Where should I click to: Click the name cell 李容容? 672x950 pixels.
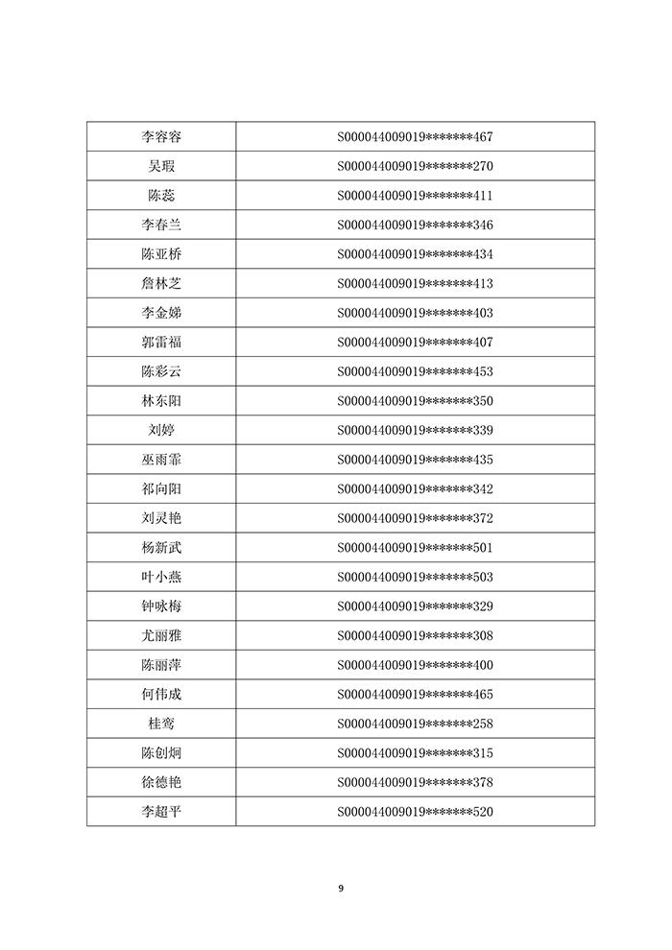pos(160,137)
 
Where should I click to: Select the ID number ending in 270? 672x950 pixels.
pos(415,166)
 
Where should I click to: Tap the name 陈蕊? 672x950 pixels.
pos(160,196)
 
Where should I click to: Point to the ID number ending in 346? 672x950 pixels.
pos(415,226)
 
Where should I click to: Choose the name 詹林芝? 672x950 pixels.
pos(160,284)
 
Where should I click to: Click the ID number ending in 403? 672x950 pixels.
pos(415,313)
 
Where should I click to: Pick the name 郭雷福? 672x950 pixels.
pos(160,343)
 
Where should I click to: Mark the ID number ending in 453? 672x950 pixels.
pos(415,371)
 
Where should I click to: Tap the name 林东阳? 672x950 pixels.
pos(160,401)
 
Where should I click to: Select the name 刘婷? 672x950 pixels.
pos(160,430)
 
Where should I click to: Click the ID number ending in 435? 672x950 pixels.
pos(415,460)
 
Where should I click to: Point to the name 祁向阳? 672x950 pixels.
pos(160,489)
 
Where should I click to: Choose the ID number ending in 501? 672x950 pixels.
pos(415,548)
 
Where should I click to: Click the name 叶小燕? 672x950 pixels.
pos(160,577)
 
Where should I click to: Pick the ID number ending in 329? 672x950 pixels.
pos(415,606)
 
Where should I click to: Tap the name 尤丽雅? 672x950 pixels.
pos(160,635)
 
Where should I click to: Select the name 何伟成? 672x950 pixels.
pos(160,695)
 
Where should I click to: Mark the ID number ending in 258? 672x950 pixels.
pos(415,724)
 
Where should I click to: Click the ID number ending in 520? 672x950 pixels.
pos(415,812)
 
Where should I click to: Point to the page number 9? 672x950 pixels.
pos(340,888)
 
